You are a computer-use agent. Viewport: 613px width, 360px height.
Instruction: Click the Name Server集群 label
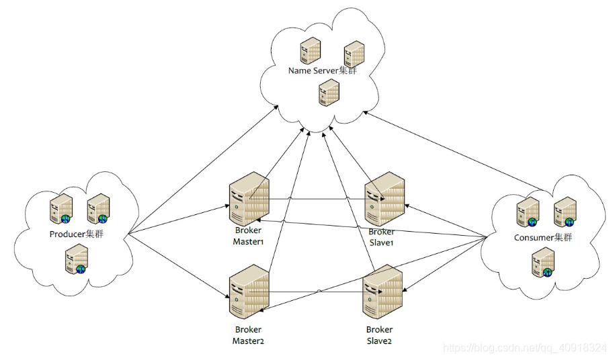(323, 71)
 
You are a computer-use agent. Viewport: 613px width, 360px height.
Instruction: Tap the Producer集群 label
(77, 234)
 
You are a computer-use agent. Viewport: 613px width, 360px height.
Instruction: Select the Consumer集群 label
(543, 237)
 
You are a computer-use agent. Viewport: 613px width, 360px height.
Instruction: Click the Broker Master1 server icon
(249, 198)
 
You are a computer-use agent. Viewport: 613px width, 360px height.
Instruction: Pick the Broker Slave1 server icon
(384, 198)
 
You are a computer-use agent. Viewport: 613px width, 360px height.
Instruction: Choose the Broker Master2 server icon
(249, 291)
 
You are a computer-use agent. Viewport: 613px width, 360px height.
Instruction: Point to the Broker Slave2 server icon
(382, 291)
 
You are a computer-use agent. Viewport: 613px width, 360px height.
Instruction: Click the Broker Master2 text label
(248, 335)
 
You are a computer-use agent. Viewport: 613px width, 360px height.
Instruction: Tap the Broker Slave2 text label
(379, 335)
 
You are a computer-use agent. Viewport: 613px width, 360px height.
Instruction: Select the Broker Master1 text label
(248, 236)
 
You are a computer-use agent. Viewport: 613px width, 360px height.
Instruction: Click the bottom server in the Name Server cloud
(329, 93)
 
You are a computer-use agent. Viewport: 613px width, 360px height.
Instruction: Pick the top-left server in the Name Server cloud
(311, 50)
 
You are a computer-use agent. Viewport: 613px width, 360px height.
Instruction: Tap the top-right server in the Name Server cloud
(354, 54)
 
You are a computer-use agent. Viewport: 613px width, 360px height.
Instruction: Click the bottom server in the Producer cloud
(77, 259)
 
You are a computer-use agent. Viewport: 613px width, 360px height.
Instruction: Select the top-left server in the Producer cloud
(61, 208)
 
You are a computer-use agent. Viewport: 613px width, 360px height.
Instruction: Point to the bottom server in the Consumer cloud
(543, 263)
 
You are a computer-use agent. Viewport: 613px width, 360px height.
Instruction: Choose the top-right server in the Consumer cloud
(565, 212)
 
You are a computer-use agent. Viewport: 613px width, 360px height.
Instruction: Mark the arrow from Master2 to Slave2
(316, 291)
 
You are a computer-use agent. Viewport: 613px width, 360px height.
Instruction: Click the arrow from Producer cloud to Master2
(179, 266)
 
